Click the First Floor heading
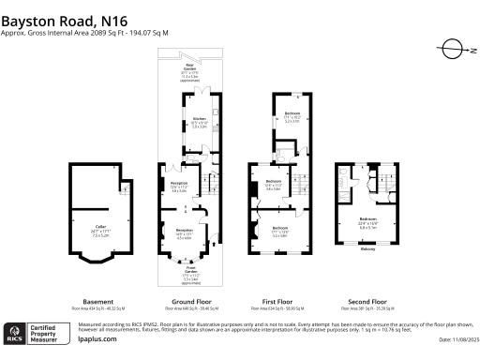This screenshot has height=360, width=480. pos(278,302)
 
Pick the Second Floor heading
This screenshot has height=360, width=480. pos(360,302)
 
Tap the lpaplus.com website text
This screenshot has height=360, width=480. pos(97,339)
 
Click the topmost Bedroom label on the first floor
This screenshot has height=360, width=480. pos(292,113)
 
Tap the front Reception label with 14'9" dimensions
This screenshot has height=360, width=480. pos(186,231)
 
